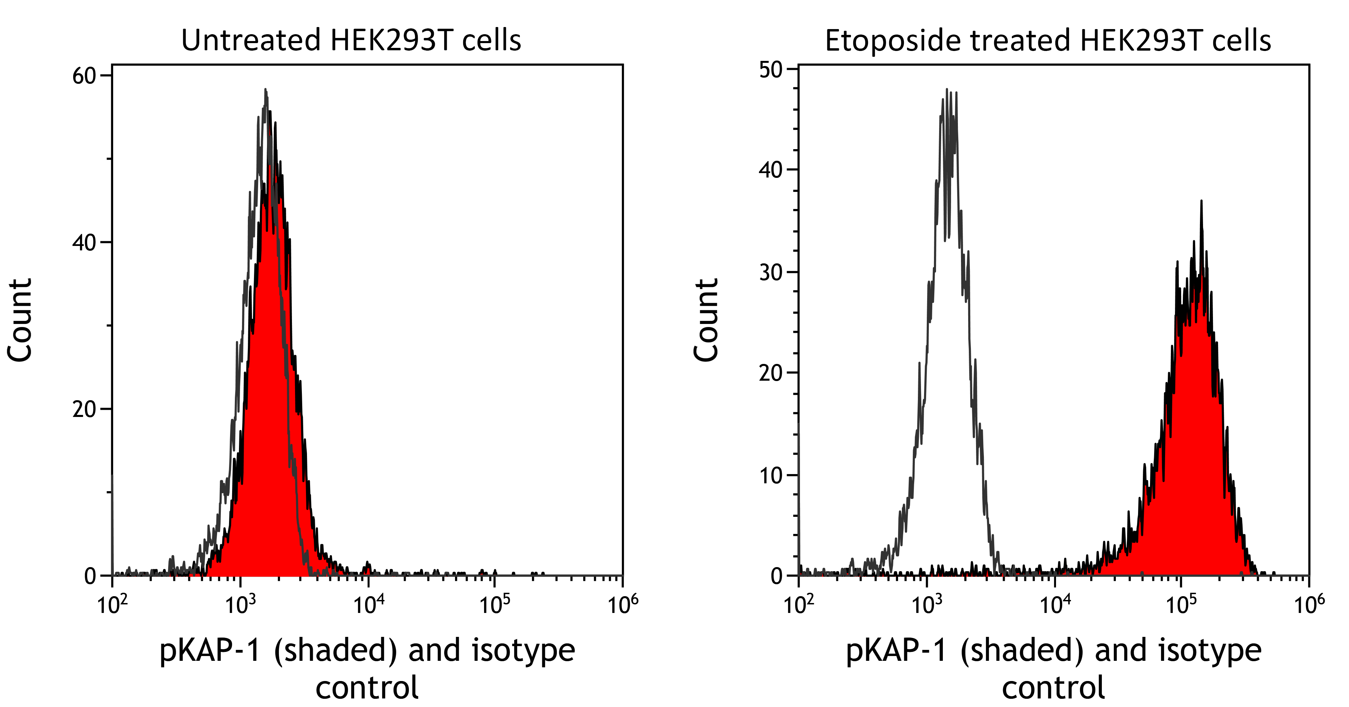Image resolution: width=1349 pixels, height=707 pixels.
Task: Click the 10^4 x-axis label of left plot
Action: coord(369,605)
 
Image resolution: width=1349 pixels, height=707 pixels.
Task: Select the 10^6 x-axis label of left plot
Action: coord(623,605)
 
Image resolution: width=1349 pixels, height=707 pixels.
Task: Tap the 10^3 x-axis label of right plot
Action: coord(927,605)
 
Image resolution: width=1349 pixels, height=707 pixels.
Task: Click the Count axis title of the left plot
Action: coord(20,320)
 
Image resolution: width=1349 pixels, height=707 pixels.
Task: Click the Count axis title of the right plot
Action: coord(706,320)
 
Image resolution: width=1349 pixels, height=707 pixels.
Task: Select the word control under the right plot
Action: coord(1053,688)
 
